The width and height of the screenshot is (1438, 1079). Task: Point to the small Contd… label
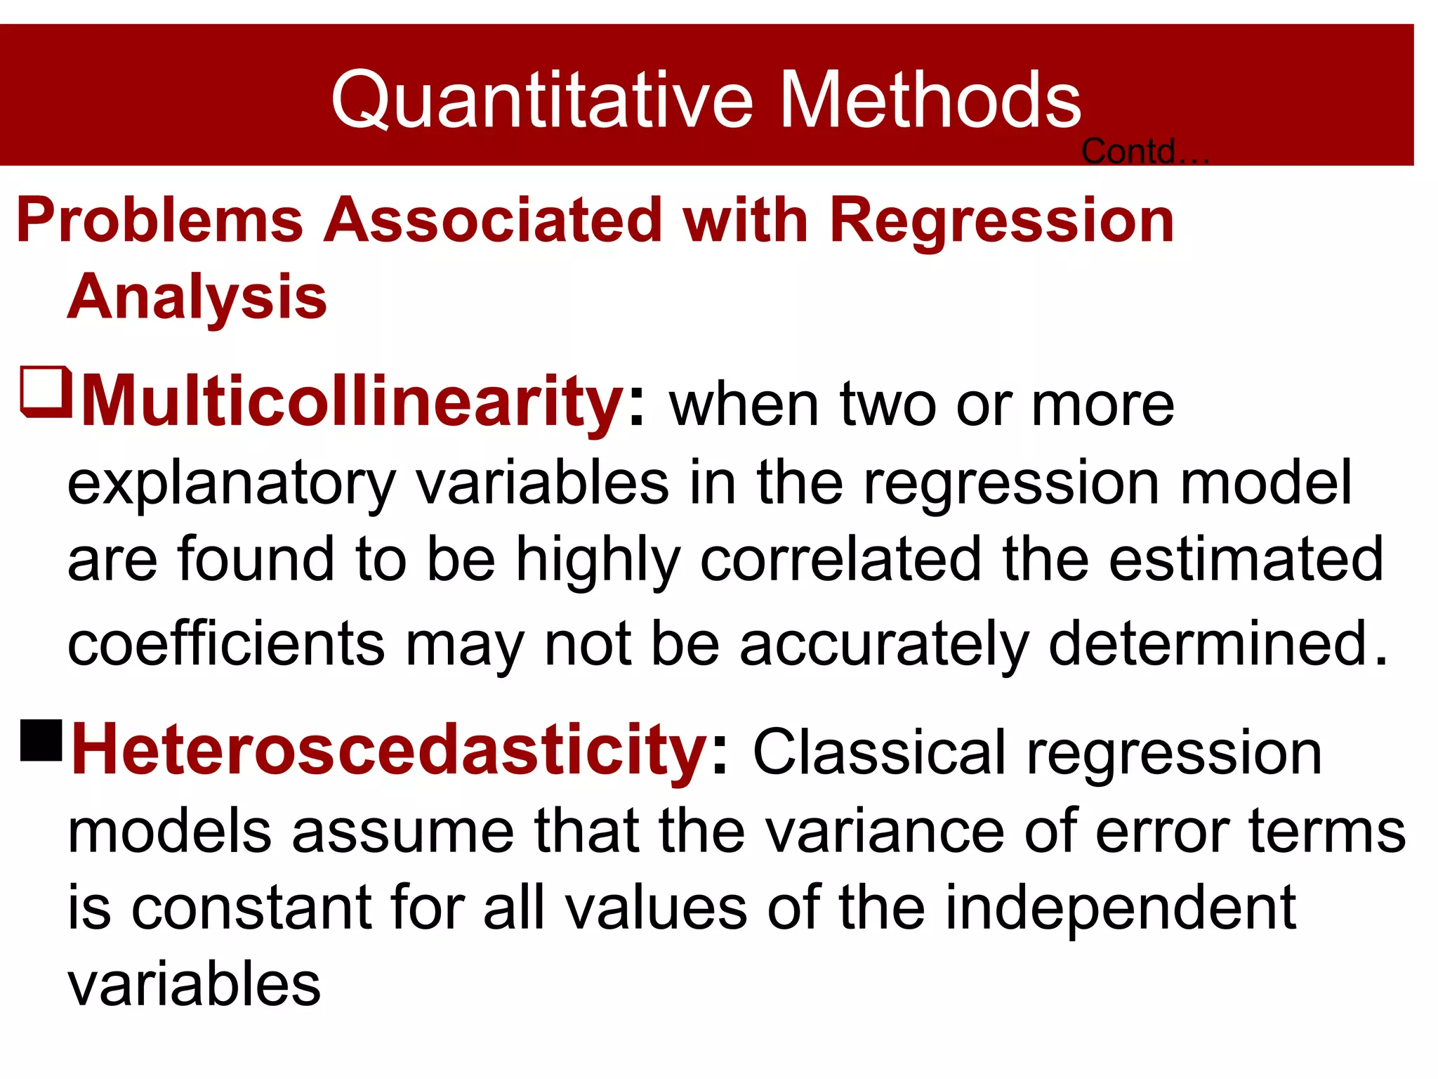click(1144, 152)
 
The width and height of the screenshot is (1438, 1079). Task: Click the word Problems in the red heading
click(159, 221)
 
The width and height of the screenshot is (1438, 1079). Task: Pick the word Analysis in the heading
click(197, 297)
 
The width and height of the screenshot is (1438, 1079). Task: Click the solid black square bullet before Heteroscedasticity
click(42, 740)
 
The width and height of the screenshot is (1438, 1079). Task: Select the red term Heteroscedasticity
click(390, 750)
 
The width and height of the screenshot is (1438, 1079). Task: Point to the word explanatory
click(232, 484)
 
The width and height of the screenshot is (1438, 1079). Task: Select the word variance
click(884, 831)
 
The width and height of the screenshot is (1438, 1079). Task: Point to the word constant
click(251, 908)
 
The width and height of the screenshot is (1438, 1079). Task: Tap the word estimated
click(1246, 559)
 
